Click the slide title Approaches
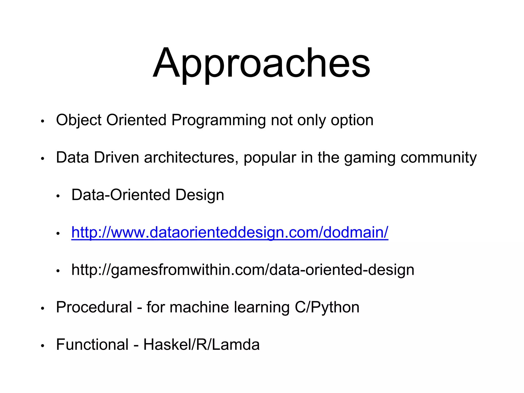tap(261, 63)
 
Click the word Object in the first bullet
tap(79, 120)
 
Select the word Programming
tap(219, 120)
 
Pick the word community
tap(438, 157)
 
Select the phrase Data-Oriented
tap(121, 195)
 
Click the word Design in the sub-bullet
tap(200, 195)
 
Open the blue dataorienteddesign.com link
tap(230, 232)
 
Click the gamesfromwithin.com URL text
tap(243, 270)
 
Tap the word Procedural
tap(94, 307)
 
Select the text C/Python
tap(327, 308)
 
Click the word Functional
tap(92, 344)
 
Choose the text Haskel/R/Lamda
tap(201, 344)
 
